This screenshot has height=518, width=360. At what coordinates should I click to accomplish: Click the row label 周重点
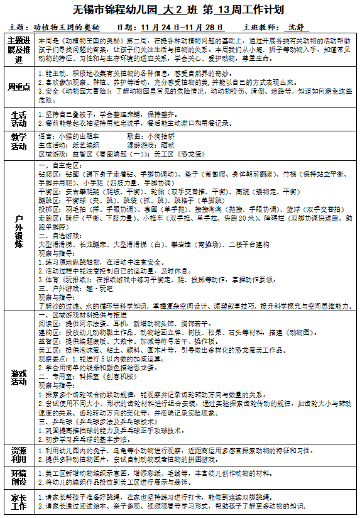click(19, 87)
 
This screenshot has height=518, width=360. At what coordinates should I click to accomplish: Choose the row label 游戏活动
click(19, 377)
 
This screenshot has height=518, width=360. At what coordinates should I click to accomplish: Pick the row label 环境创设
click(19, 477)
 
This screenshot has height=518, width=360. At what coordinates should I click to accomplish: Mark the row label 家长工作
click(19, 500)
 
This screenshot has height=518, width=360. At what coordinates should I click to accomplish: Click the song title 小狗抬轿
click(163, 135)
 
